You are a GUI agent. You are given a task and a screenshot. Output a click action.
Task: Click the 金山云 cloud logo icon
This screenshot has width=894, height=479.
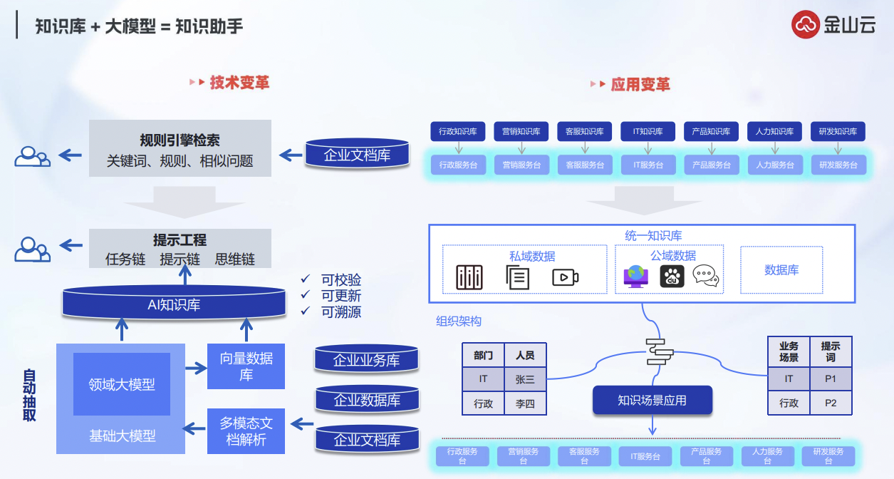pyautogui.click(x=806, y=25)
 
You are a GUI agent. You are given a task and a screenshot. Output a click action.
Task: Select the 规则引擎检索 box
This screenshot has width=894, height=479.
pyautogui.click(x=180, y=148)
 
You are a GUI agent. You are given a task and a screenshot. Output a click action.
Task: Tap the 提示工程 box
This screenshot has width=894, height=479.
pyautogui.click(x=180, y=248)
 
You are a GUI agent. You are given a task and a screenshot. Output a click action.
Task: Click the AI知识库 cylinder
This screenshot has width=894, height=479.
pyautogui.click(x=174, y=304)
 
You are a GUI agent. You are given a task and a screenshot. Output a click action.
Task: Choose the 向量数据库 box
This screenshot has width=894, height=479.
pyautogui.click(x=246, y=366)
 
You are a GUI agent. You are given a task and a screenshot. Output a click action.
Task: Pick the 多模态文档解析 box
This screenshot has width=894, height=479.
pyautogui.click(x=246, y=431)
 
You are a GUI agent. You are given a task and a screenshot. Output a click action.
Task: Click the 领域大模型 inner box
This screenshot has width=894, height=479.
pyautogui.click(x=122, y=384)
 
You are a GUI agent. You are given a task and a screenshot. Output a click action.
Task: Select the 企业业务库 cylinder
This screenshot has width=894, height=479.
pyautogui.click(x=367, y=360)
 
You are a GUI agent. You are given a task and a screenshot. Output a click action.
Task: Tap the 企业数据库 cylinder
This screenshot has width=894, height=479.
pyautogui.click(x=367, y=400)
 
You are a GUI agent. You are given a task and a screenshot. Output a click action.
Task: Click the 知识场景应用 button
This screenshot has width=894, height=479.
pyautogui.click(x=652, y=400)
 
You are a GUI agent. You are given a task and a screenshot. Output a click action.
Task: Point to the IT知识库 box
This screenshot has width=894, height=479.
pyautogui.click(x=648, y=132)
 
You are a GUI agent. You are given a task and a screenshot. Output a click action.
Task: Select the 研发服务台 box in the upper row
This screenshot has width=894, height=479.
pyautogui.click(x=838, y=165)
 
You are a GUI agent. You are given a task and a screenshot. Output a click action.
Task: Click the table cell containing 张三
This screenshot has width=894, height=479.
pyautogui.click(x=524, y=379)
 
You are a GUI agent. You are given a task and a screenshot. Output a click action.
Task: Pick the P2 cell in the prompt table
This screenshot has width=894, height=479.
pyautogui.click(x=831, y=403)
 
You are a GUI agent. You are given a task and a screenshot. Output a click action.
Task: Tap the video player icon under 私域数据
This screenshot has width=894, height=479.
pyautogui.click(x=565, y=277)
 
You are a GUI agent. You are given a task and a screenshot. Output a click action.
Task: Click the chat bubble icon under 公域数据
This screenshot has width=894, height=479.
pyautogui.click(x=705, y=276)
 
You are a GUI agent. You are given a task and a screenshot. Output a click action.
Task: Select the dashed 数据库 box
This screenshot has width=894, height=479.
pyautogui.click(x=781, y=269)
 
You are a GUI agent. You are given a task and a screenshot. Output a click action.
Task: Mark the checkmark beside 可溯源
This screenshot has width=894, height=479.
pyautogui.click(x=306, y=311)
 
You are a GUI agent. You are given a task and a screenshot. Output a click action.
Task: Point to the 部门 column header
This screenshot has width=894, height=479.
pyautogui.click(x=483, y=355)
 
